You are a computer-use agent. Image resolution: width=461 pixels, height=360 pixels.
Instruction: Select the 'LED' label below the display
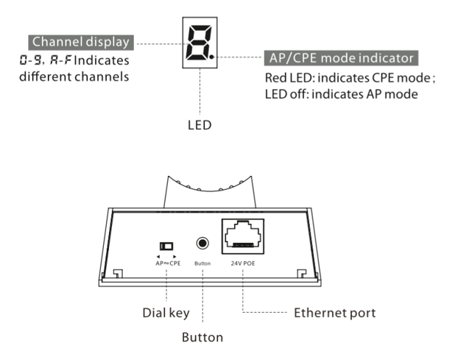(200, 125)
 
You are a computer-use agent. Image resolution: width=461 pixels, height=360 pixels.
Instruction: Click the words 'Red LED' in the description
(289, 77)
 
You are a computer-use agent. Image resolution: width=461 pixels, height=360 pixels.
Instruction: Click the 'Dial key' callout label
(166, 313)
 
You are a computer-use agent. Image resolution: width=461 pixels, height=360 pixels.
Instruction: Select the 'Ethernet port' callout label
(334, 313)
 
